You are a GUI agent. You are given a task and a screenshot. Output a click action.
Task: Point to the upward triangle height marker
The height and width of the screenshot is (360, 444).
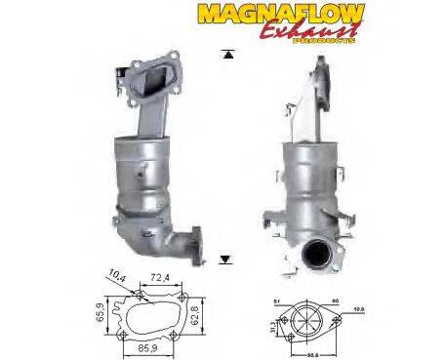click(x=226, y=56)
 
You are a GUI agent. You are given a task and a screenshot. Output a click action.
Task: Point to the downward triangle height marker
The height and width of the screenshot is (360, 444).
click(x=226, y=260)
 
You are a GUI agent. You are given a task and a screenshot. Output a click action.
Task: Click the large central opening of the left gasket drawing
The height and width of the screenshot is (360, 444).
click(x=153, y=315)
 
